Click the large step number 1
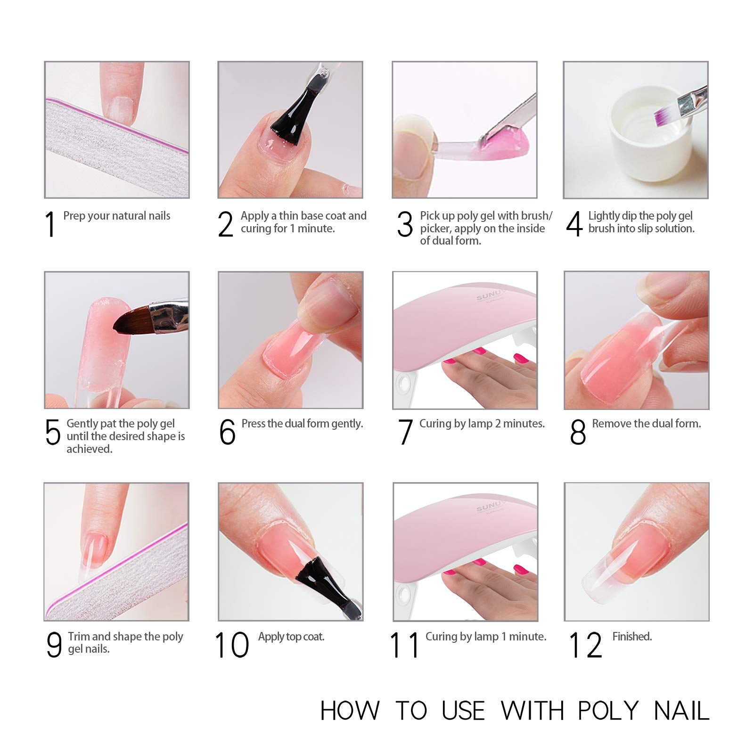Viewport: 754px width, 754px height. pyautogui.click(x=50, y=224)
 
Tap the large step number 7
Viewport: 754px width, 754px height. pyautogui.click(x=405, y=432)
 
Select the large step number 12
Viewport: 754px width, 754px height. pyautogui.click(x=586, y=645)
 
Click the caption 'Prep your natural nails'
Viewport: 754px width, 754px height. pyautogui.click(x=117, y=216)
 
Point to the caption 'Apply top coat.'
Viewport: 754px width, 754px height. pyautogui.click(x=291, y=637)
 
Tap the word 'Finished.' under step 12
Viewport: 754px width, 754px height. pyautogui.click(x=632, y=637)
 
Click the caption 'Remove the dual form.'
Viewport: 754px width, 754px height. pyautogui.click(x=647, y=424)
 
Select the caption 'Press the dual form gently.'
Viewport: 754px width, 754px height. pyautogui.click(x=302, y=424)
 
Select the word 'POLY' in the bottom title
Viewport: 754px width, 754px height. pyautogui.click(x=608, y=711)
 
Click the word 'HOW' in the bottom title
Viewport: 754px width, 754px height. pyautogui.click(x=350, y=711)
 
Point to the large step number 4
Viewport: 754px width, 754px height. pyautogui.click(x=574, y=224)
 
